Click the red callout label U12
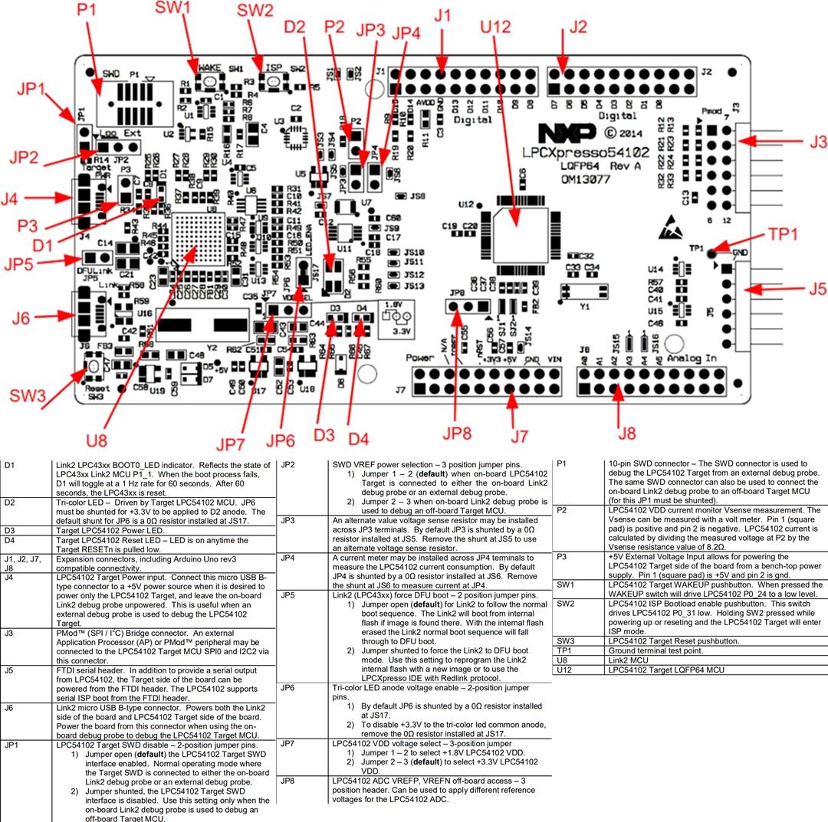[x=495, y=28]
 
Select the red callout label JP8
[x=456, y=434]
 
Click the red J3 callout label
[x=809, y=142]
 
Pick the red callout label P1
[x=87, y=11]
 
